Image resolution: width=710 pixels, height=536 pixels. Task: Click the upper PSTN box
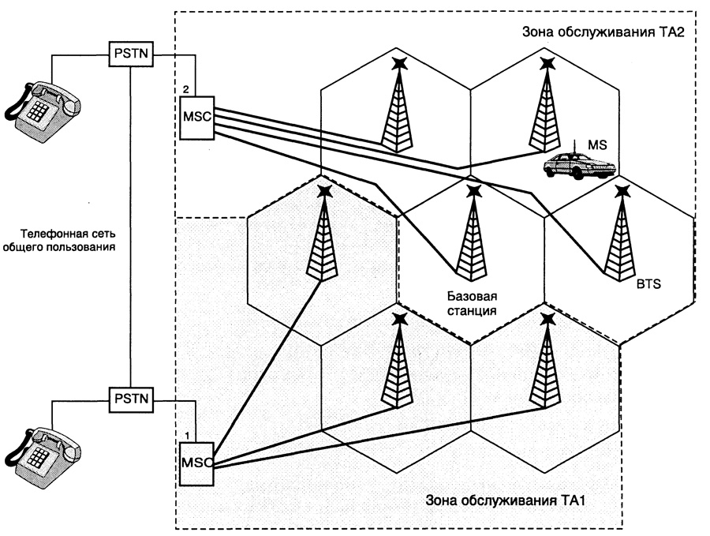[130, 54]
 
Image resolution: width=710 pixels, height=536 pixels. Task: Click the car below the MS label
[578, 166]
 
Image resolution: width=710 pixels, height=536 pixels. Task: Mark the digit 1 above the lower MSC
[186, 434]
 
